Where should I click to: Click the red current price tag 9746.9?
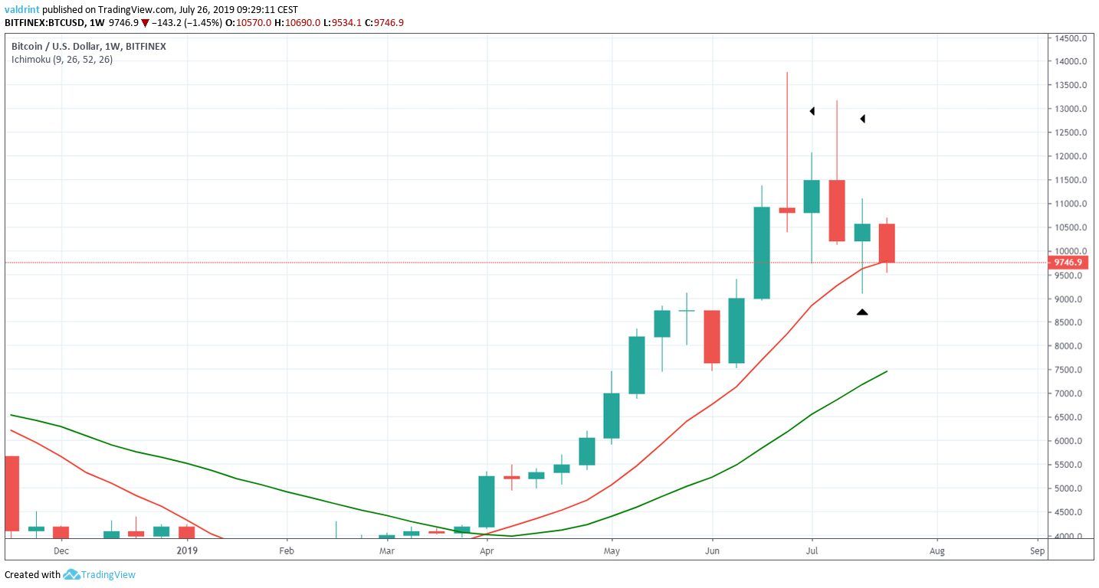pyautogui.click(x=1068, y=263)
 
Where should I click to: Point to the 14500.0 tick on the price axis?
pyautogui.click(x=1070, y=38)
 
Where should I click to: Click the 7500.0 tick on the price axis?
pyautogui.click(x=1070, y=370)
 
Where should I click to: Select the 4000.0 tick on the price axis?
pyautogui.click(x=1070, y=536)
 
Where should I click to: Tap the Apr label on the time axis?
pyautogui.click(x=486, y=550)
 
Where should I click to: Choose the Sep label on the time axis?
pyautogui.click(x=1037, y=550)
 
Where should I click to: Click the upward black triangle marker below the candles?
pyautogui.click(x=862, y=312)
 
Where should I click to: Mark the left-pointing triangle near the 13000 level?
pyautogui.click(x=812, y=112)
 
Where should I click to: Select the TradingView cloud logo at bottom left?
pyautogui.click(x=72, y=574)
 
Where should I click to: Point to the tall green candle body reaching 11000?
pyautogui.click(x=762, y=253)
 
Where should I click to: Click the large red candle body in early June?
pyautogui.click(x=712, y=337)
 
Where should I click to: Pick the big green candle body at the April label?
pyautogui.click(x=487, y=501)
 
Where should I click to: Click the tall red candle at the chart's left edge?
pyautogui.click(x=11, y=493)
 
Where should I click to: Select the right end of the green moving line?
pyautogui.click(x=887, y=371)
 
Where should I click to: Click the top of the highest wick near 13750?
pyautogui.click(x=787, y=73)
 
